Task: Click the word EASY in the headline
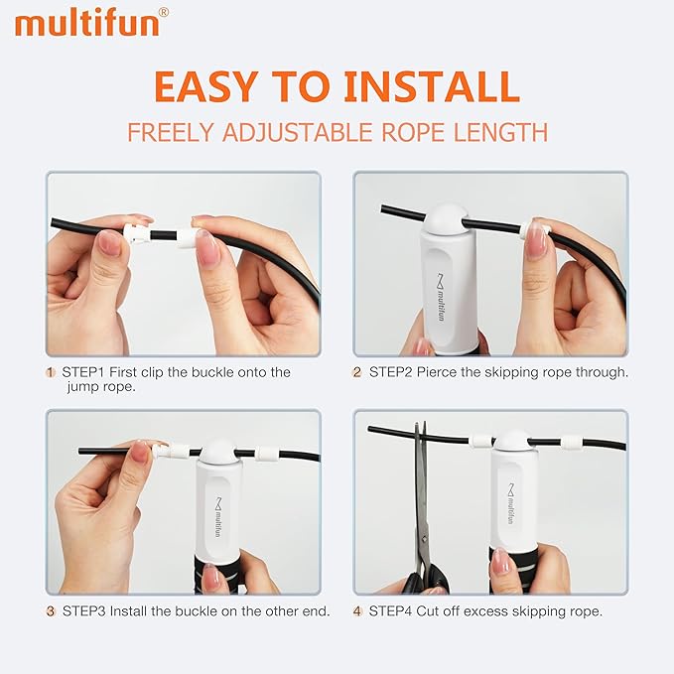coord(205,86)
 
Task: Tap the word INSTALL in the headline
coord(432,86)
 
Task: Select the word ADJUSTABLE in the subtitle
coord(297,132)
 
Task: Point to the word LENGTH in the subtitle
coord(501,132)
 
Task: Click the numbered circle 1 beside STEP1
coord(51,372)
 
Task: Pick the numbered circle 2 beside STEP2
coord(357,372)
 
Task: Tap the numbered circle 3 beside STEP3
coord(51,611)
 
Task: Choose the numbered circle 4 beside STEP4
coord(357,610)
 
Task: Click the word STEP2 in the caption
coord(391,372)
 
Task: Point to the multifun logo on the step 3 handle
coord(217,517)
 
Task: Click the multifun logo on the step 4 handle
coord(510,504)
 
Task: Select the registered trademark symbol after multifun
coord(164,13)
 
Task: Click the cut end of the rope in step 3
coord(80,452)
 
